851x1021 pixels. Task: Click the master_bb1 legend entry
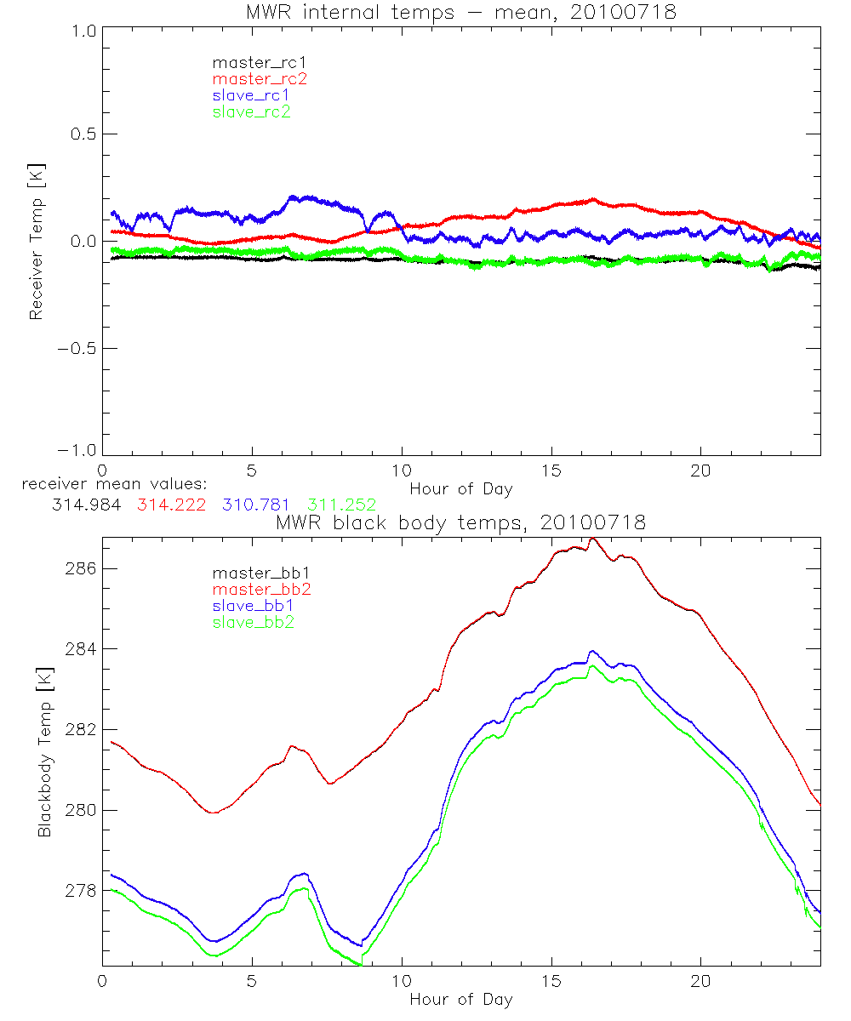point(261,573)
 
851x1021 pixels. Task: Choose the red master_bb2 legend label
point(261,590)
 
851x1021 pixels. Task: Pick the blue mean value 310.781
point(257,505)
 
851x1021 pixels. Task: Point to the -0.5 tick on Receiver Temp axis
point(75,349)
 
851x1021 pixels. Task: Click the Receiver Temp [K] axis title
point(36,241)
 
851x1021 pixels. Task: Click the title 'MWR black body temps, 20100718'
point(460,522)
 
